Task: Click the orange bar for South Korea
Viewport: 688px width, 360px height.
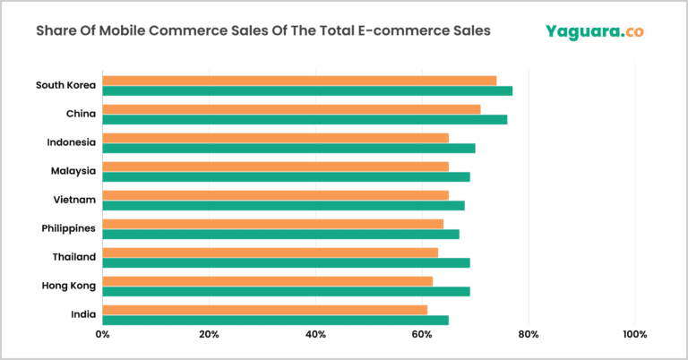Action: (299, 81)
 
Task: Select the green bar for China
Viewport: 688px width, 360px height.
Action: (305, 119)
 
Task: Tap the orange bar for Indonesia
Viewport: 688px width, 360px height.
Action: (275, 138)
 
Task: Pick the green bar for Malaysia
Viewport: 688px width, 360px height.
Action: (286, 176)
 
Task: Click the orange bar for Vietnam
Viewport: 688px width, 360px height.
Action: (275, 195)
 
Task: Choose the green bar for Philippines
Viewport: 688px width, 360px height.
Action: (280, 234)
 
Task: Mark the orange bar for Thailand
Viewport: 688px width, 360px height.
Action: (270, 253)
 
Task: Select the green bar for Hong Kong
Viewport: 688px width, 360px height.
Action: (286, 291)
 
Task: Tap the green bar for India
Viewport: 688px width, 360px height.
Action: (275, 320)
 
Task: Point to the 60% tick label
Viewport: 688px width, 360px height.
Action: (422, 335)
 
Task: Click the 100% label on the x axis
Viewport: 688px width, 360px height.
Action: (634, 335)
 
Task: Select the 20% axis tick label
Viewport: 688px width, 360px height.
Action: (209, 335)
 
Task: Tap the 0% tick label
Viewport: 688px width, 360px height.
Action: (102, 335)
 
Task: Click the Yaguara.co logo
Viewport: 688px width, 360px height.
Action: (594, 31)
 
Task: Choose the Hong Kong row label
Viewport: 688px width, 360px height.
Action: (67, 286)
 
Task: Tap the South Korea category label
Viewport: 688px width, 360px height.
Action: (65, 85)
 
